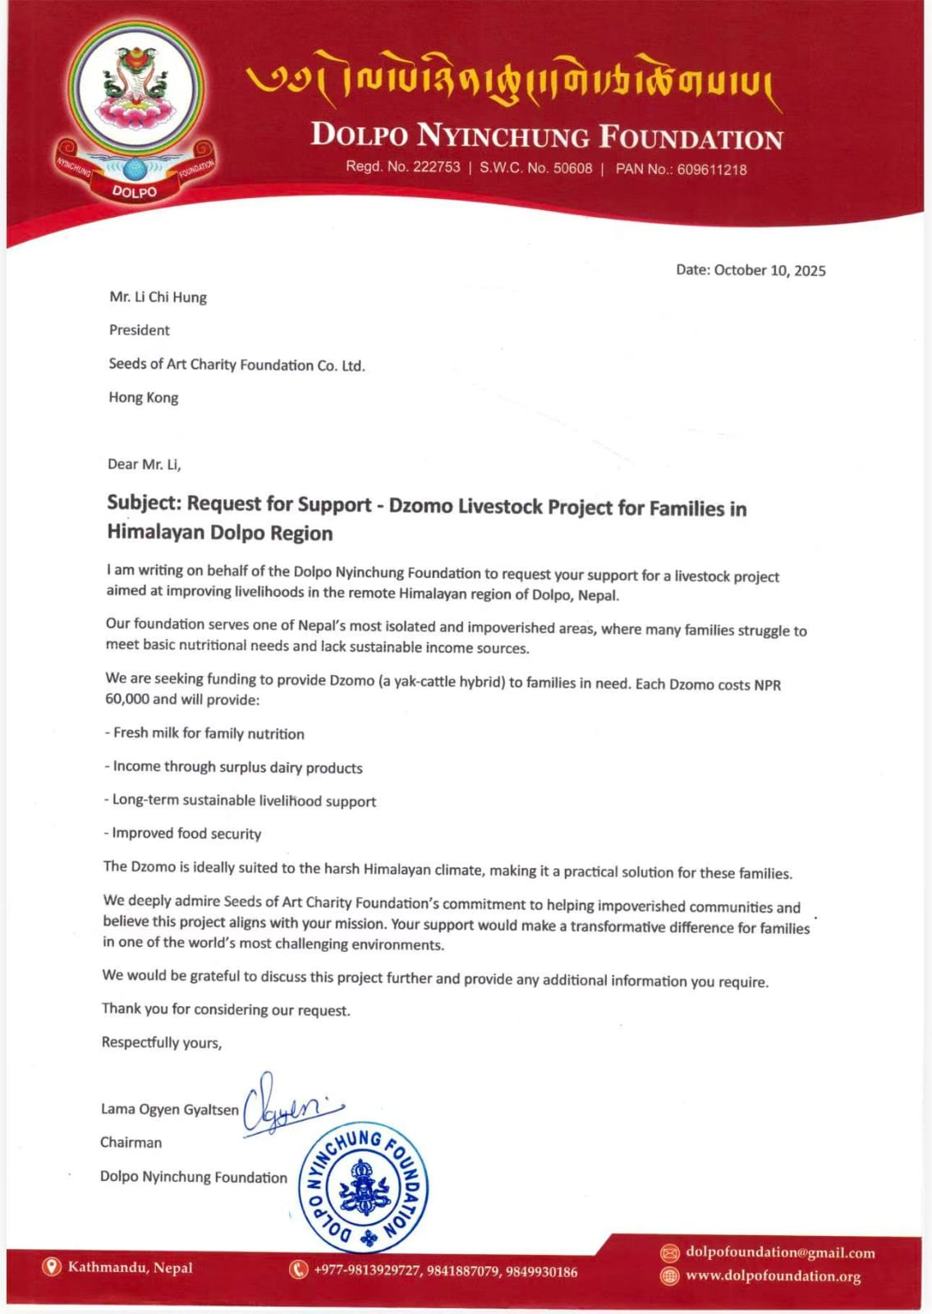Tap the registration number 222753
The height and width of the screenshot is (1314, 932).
(x=436, y=167)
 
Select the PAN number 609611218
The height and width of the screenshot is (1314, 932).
(x=711, y=169)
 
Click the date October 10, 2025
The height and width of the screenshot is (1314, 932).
(x=769, y=270)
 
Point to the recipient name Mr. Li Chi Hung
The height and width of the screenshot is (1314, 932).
(x=158, y=297)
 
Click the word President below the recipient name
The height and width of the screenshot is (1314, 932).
(x=139, y=330)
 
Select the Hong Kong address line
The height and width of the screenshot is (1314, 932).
(x=143, y=397)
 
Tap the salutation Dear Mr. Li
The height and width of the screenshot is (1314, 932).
(x=144, y=464)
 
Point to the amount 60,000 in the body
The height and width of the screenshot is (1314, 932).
(x=128, y=699)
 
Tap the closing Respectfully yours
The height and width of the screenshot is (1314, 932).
(x=161, y=1042)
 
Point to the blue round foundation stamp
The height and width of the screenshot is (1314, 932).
(x=362, y=1188)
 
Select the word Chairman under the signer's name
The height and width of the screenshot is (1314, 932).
(x=131, y=1142)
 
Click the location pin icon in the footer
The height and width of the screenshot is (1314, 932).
(x=52, y=1267)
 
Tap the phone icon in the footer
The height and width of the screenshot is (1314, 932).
(x=298, y=1270)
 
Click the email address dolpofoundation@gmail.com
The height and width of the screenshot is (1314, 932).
(x=779, y=1252)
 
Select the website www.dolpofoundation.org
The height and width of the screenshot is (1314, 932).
(x=773, y=1276)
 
